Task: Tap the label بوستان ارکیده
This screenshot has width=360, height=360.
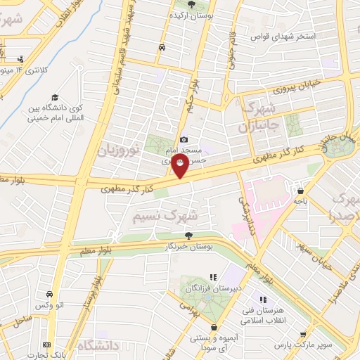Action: pyautogui.click(x=190, y=15)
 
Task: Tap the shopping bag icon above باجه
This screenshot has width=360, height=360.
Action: pyautogui.click(x=302, y=190)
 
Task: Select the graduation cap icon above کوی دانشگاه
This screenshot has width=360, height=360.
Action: pyautogui.click(x=55, y=98)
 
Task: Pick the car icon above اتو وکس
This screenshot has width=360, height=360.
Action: pyautogui.click(x=49, y=294)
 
